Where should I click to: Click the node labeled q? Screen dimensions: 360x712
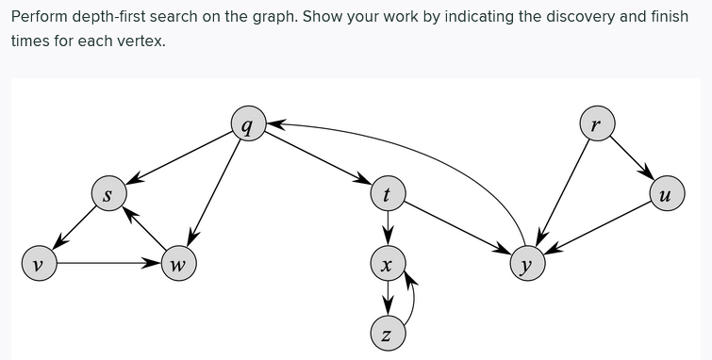point(246,125)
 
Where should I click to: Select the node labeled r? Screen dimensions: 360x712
point(596,123)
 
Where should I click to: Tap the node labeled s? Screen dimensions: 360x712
point(108,195)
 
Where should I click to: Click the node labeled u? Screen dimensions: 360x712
point(666,195)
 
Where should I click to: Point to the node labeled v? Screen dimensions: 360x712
point(38,264)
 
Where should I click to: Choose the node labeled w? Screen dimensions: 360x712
point(176,264)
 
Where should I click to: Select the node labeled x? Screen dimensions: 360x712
point(386,264)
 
